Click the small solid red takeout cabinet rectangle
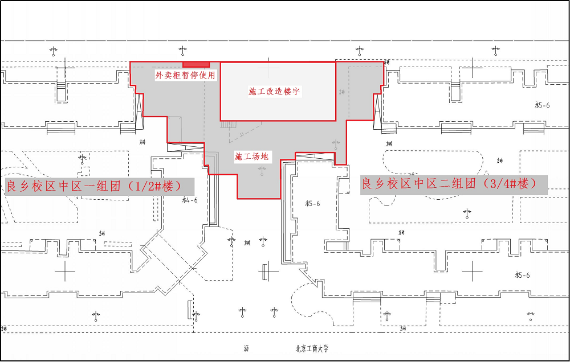pyautogui.click(x=196, y=64)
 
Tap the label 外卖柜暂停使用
pyautogui.click(x=186, y=75)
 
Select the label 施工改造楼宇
pyautogui.click(x=275, y=92)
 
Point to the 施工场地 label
pyautogui.click(x=251, y=156)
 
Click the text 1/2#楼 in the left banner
pyautogui.click(x=155, y=186)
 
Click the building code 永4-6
pyautogui.click(x=189, y=200)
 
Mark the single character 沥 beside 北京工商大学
pyautogui.click(x=246, y=349)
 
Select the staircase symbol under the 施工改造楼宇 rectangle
pyautogui.click(x=228, y=125)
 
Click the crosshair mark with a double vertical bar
pyautogui.click(x=267, y=272)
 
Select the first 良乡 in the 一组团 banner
pyautogui.click(x=18, y=187)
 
